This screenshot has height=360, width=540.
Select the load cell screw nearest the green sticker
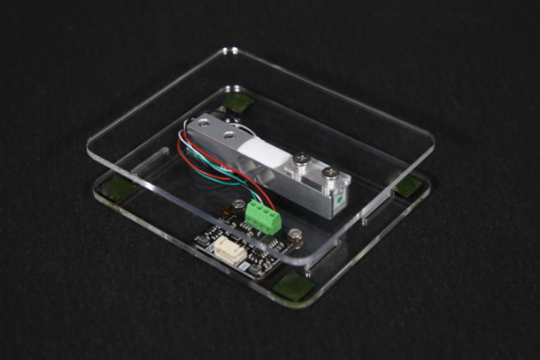pos(330,173)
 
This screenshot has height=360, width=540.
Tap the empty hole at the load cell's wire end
pos(203,124)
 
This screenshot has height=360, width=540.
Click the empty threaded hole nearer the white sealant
pos(228,135)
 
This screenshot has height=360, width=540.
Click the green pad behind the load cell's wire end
pos(238,103)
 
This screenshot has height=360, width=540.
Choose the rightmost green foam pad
pos(408,185)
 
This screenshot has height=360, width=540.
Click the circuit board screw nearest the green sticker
pos(295,234)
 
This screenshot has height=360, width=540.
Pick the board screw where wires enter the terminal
pos(239,205)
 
